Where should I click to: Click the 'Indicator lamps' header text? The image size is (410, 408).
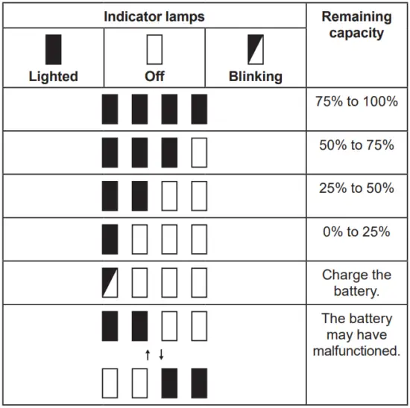click(x=154, y=16)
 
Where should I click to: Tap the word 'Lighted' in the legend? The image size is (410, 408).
click(x=53, y=76)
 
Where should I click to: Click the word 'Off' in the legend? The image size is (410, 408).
click(x=154, y=76)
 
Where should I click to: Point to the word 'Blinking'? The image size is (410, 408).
click(x=256, y=76)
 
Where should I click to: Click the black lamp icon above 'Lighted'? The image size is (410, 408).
click(x=53, y=49)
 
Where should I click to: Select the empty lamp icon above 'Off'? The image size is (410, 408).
click(x=154, y=49)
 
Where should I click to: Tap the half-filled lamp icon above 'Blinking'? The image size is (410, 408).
click(x=256, y=49)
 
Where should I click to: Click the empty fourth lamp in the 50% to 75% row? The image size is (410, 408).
click(x=199, y=153)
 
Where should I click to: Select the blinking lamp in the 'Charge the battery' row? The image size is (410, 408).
click(x=110, y=283)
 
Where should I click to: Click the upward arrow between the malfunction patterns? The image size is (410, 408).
click(x=148, y=354)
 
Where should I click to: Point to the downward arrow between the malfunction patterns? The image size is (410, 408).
click(x=161, y=354)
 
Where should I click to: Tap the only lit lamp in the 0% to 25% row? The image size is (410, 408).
click(x=110, y=240)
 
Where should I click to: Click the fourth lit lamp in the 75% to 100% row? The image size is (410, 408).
click(x=199, y=109)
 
